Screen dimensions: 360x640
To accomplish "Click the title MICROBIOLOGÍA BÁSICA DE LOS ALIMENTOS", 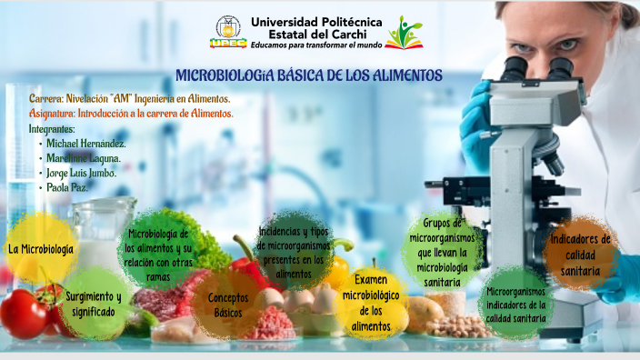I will pyautogui.click(x=309, y=75).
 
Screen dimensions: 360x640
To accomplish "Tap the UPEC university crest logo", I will pyautogui.click(x=228, y=30).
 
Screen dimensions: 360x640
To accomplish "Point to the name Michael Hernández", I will pyautogui.click(x=85, y=143).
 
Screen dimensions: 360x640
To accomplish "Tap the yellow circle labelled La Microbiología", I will pyautogui.click(x=41, y=248).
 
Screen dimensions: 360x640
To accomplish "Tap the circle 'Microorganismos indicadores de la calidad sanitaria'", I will pyautogui.click(x=515, y=304).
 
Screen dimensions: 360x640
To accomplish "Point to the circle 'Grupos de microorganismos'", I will pyautogui.click(x=442, y=252).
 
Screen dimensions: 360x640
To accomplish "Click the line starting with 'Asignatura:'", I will pyautogui.click(x=131, y=114).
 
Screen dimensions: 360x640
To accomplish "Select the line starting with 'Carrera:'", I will pyautogui.click(x=129, y=98).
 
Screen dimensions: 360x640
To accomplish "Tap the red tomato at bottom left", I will pyautogui.click(x=24, y=312).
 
